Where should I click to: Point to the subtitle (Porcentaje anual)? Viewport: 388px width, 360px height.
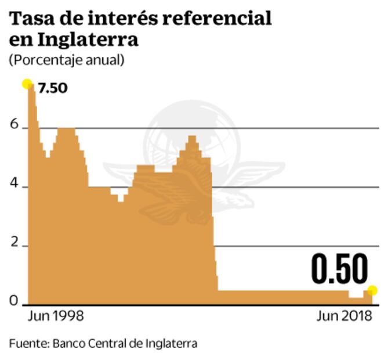[66, 60]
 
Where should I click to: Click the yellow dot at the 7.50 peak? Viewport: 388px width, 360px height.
[27, 84]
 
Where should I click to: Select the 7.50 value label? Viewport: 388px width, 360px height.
[53, 89]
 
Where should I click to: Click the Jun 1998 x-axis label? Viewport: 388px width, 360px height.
[56, 317]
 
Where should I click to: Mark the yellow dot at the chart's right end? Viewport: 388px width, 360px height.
[372, 290]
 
